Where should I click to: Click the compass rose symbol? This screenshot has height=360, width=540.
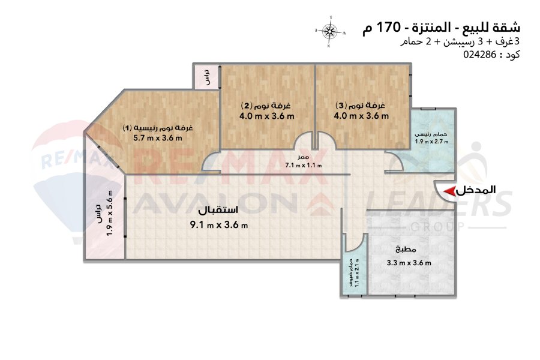pyautogui.click(x=330, y=31)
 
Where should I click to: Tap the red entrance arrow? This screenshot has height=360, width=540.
pyautogui.click(x=449, y=191)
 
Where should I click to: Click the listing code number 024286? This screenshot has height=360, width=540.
pyautogui.click(x=479, y=55)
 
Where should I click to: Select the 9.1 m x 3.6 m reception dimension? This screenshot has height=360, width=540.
pyautogui.click(x=219, y=226)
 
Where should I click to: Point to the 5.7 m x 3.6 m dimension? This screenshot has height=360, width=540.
pyautogui.click(x=158, y=138)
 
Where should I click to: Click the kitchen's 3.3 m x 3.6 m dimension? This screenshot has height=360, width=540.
pyautogui.click(x=409, y=263)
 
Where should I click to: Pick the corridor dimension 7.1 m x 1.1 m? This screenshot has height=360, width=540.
pyautogui.click(x=304, y=165)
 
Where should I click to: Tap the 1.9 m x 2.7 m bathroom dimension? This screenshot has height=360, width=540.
pyautogui.click(x=431, y=141)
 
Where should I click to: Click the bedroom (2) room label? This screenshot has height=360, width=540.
pyautogui.click(x=266, y=105)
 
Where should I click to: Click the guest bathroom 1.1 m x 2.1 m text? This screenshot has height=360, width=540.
pyautogui.click(x=357, y=273)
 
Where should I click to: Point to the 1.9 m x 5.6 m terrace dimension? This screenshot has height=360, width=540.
pyautogui.click(x=110, y=213)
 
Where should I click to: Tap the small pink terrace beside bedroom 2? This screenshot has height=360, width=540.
pyautogui.click(x=206, y=76)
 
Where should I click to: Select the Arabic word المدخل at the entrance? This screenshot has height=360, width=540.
pyautogui.click(x=476, y=190)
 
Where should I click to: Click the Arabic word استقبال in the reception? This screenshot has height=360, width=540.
pyautogui.click(x=218, y=210)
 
